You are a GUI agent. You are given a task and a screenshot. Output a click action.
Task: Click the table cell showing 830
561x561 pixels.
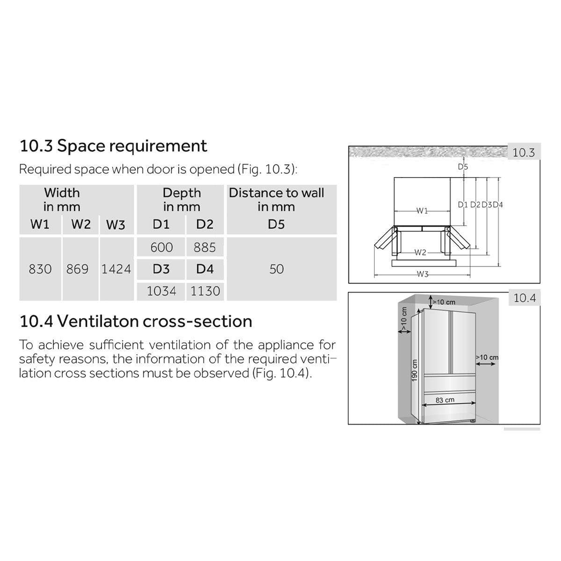pyautogui.click(x=40, y=269)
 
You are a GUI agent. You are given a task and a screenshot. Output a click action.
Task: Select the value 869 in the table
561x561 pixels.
pyautogui.click(x=77, y=269)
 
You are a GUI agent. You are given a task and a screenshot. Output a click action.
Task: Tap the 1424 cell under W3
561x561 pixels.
pyautogui.click(x=116, y=269)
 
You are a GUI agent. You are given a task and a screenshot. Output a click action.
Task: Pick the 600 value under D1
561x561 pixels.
pyautogui.click(x=162, y=247)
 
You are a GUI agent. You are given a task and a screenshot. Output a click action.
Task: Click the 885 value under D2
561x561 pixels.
pyautogui.click(x=205, y=247)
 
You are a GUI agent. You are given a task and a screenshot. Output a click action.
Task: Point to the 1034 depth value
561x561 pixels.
pyautogui.click(x=161, y=291)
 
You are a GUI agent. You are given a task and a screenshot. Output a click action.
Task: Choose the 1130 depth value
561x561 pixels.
pyautogui.click(x=205, y=291)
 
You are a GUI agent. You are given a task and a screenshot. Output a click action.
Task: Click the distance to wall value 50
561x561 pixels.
pyautogui.click(x=276, y=269)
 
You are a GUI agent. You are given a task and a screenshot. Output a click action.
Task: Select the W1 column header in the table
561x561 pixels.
pyautogui.click(x=40, y=224)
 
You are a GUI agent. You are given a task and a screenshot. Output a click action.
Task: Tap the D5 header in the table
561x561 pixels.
pyautogui.click(x=276, y=224)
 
